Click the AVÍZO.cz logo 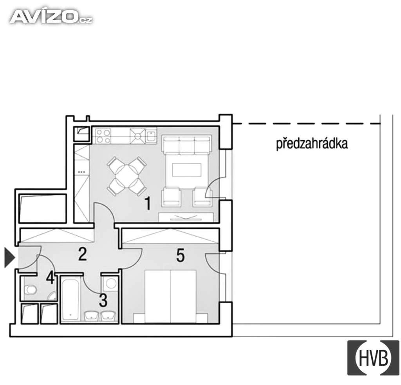[51, 17]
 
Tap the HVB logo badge [373, 358]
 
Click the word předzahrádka [312, 144]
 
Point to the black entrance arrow [10, 258]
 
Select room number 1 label [148, 204]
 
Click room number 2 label [82, 254]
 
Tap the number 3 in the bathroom [103, 300]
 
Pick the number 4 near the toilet [51, 278]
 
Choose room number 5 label [181, 255]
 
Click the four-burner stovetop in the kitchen [103, 136]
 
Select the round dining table [126, 176]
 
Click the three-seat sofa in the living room [186, 145]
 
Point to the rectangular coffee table [187, 170]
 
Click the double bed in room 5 [170, 296]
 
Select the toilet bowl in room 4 [30, 290]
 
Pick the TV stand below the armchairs [186, 217]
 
